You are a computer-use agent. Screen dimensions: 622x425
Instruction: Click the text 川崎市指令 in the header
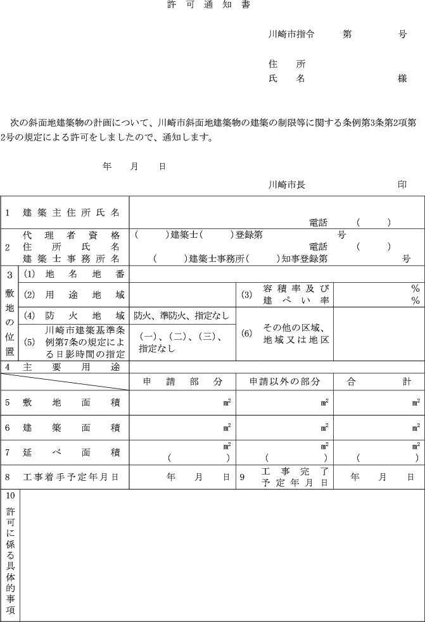[x=292, y=34]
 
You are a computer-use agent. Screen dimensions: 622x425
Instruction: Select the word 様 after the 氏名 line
[x=402, y=78]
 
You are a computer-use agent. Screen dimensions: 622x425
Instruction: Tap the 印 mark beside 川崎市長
[x=402, y=185]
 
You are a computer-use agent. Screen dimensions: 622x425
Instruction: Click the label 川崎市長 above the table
[x=287, y=185]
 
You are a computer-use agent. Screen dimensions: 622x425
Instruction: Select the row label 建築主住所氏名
[x=71, y=213]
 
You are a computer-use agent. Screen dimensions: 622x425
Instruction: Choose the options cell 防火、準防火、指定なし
[x=181, y=315]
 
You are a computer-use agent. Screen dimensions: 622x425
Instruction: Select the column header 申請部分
[x=182, y=382]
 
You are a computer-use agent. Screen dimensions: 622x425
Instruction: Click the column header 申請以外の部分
[x=284, y=382]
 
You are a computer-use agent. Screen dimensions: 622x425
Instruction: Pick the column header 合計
[x=379, y=382]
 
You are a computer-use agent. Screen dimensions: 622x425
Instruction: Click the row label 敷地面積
[x=71, y=402]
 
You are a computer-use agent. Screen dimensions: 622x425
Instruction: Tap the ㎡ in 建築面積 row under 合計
[x=416, y=426]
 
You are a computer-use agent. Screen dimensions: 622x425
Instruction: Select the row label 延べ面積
[x=71, y=452]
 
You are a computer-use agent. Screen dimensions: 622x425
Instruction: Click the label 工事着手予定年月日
[x=71, y=477]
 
